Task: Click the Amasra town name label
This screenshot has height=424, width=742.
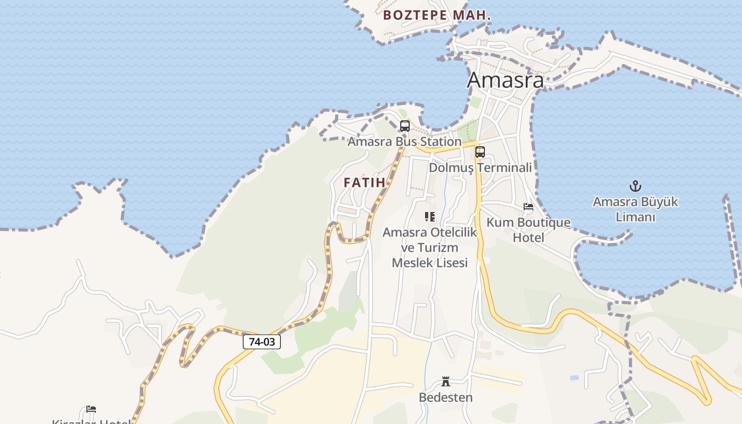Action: coord(505,80)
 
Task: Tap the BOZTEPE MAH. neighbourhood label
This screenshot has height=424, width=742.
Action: coord(437,15)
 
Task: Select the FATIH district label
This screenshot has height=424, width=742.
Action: coord(364,182)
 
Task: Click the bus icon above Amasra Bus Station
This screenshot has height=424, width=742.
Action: coord(405,126)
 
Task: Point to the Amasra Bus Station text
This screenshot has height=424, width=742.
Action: coord(404,142)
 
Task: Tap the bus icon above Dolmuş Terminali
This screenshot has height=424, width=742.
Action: coord(480,152)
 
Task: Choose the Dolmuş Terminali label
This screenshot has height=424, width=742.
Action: coord(480,167)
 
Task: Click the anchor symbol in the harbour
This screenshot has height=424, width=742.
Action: coord(635,186)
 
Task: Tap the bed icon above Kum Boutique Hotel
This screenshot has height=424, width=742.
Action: coord(528,207)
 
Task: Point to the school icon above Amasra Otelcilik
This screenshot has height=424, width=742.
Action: coord(430,216)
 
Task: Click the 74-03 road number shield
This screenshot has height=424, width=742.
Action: coord(262,342)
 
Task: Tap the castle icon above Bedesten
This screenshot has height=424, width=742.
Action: coord(446,382)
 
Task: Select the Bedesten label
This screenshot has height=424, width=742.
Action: coord(446,397)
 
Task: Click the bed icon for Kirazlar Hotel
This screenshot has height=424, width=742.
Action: coord(91,409)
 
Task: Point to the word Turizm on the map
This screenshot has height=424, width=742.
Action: coord(438,248)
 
